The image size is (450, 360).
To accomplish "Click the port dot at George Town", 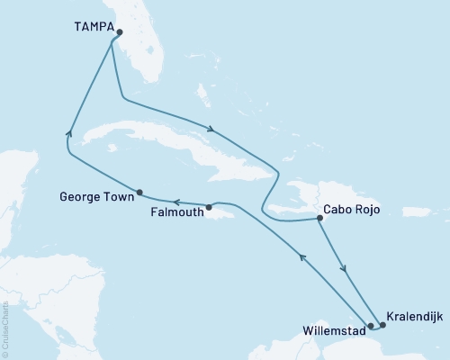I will (x=139, y=192).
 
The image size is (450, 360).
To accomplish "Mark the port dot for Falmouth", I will (x=209, y=207).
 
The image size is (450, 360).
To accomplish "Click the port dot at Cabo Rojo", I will (x=321, y=218).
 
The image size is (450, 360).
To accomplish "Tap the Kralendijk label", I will (x=413, y=317).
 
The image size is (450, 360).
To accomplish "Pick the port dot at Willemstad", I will (x=370, y=326).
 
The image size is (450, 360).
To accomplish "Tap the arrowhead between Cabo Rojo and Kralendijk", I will (x=343, y=265).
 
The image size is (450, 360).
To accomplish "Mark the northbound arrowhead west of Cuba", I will (x=68, y=134).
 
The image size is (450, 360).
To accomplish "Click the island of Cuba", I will (x=171, y=148).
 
